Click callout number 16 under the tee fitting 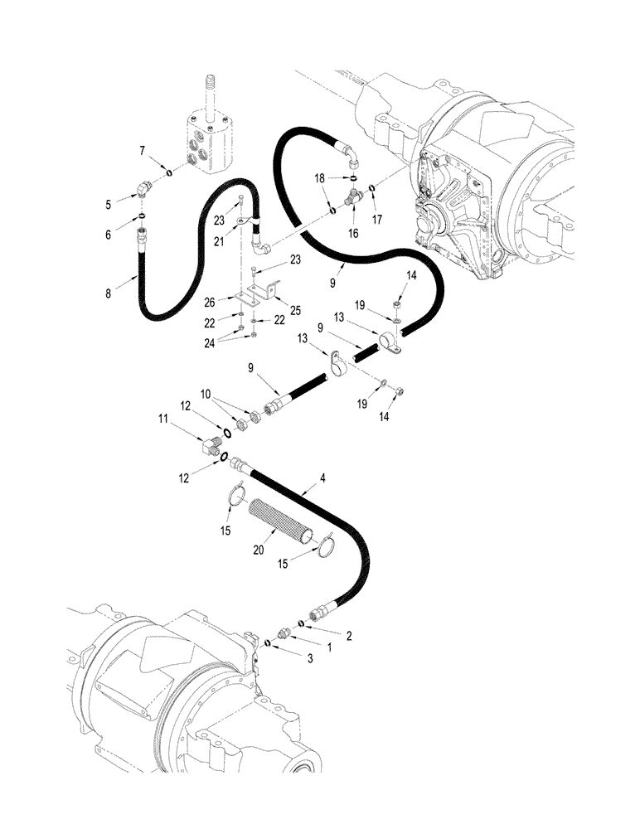coord(353,235)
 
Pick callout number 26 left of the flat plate coord(211,300)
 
